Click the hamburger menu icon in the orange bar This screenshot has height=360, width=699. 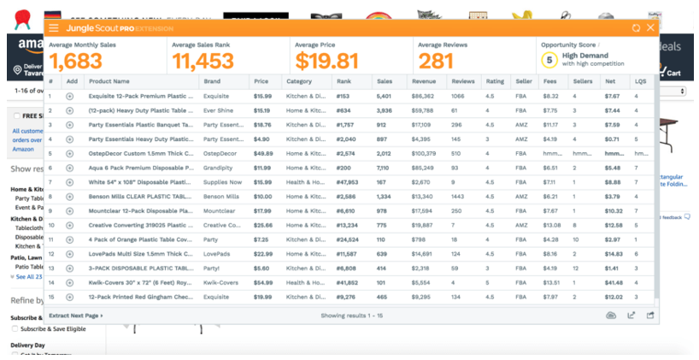(54, 28)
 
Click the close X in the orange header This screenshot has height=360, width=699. (650, 28)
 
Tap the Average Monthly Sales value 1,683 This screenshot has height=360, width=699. (75, 61)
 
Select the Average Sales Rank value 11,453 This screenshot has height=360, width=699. (203, 61)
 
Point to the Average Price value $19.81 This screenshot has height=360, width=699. (327, 61)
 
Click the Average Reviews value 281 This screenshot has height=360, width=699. (436, 61)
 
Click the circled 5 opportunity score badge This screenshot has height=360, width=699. (549, 60)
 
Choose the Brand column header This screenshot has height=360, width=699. (211, 82)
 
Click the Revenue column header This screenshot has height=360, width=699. (424, 82)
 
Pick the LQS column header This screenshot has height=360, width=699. (639, 82)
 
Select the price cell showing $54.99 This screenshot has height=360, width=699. (262, 282)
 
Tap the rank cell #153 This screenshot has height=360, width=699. (343, 96)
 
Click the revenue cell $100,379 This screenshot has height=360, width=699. (425, 153)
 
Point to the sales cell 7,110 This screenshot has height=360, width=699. (384, 168)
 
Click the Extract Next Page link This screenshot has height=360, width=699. (75, 316)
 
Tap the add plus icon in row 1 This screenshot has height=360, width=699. (70, 96)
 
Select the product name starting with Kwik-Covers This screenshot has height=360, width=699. (139, 282)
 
